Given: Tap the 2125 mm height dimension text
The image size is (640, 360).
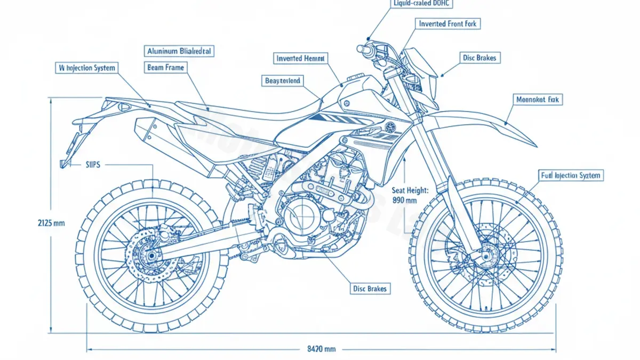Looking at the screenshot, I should click(51, 223).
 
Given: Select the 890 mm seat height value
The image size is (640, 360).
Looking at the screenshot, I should click(404, 201).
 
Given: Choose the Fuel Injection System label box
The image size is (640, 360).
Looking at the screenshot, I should click(571, 175).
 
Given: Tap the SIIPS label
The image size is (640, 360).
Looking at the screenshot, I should click(94, 165).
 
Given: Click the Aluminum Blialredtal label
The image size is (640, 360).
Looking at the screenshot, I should click(179, 51).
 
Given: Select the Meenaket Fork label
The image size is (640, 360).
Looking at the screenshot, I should click(539, 99).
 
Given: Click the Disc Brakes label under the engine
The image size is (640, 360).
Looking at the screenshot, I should click(370, 289).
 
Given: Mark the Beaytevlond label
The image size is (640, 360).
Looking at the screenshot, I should click(283, 81).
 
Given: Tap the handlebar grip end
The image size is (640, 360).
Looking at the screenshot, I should click(361, 49).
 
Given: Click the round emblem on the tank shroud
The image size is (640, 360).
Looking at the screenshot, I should click(390, 127).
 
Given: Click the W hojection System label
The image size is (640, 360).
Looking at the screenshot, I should click(87, 68).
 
